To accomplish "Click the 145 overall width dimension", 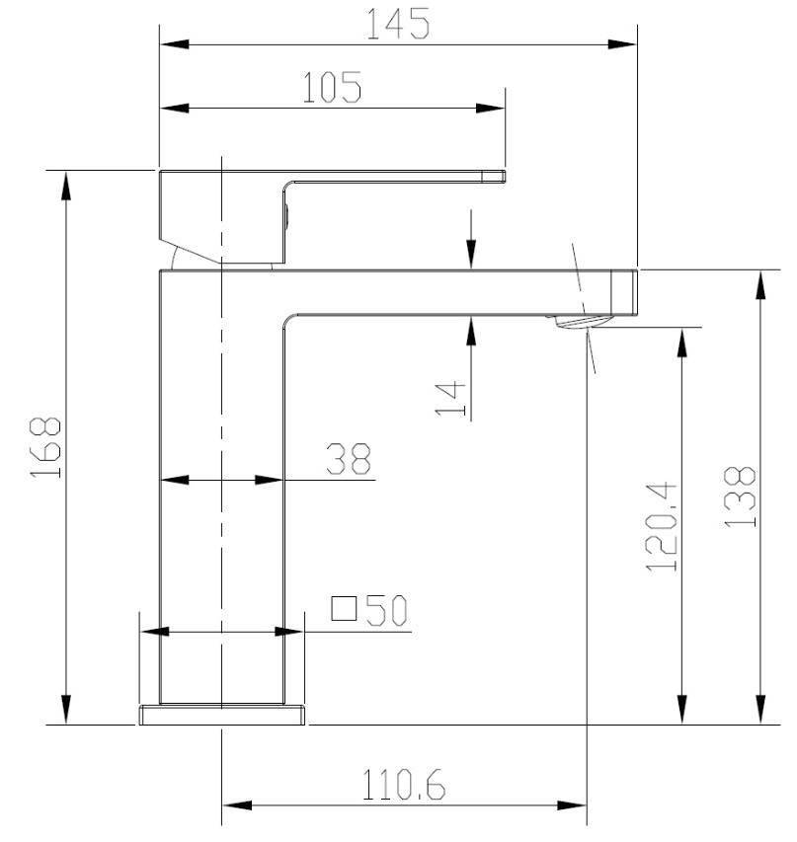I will pos(399,24).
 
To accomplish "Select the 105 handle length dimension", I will pos(332,89).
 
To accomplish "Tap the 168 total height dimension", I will pos(45,447).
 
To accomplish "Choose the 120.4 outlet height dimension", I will pos(660,527).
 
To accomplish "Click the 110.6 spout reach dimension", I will pos(404,786).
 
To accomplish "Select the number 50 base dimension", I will pos(386,611).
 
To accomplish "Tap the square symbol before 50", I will pos(343,608).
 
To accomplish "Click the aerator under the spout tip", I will pos(581,321).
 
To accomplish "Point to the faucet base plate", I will pos(222,714).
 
